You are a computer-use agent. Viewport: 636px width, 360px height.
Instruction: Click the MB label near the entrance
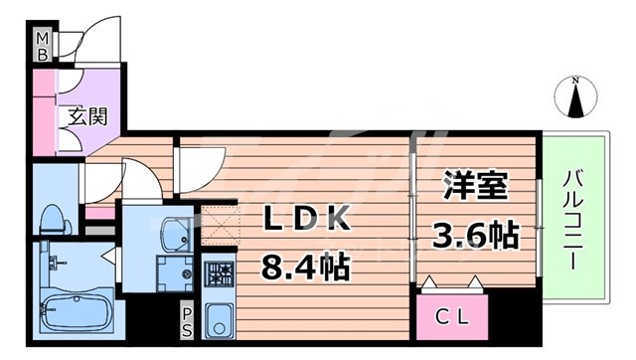[x=43, y=48]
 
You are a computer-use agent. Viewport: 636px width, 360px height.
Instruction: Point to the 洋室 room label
[x=475, y=187]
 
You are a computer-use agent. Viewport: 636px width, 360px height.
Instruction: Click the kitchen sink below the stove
[x=219, y=318]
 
